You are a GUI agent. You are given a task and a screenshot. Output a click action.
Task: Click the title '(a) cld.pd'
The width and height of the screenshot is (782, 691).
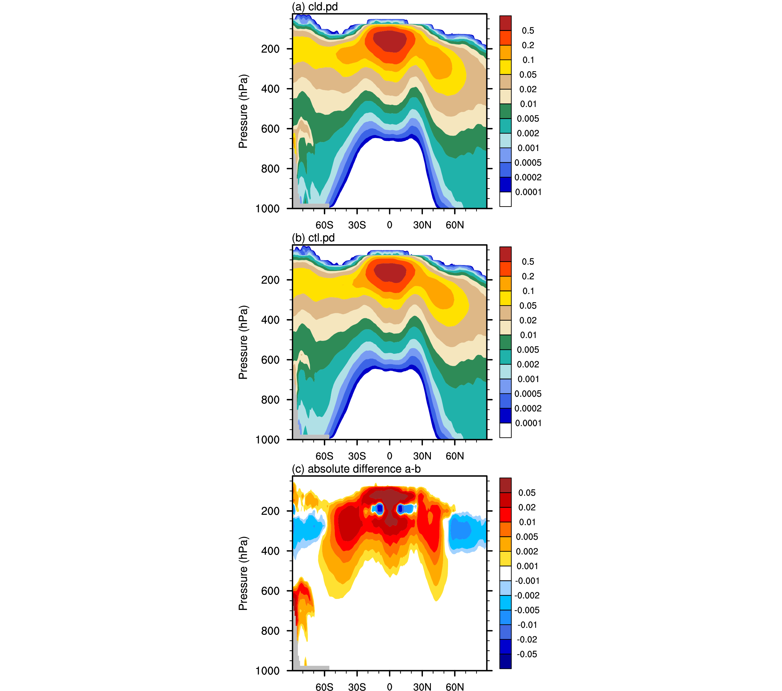[x=314, y=7]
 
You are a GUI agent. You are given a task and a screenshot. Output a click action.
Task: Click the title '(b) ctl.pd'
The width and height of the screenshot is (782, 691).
[x=313, y=238]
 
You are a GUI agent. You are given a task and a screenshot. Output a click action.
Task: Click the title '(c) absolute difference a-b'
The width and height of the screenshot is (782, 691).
[x=356, y=469]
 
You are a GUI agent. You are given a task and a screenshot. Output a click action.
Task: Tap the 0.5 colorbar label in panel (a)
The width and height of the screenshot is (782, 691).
[x=528, y=31]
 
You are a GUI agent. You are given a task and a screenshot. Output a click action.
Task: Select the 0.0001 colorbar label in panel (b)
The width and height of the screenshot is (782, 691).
[x=528, y=423]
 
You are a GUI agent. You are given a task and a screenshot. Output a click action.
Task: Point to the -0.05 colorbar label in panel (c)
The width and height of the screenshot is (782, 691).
[x=527, y=654]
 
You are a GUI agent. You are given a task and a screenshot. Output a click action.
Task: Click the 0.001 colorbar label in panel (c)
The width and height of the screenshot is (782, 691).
[x=527, y=566]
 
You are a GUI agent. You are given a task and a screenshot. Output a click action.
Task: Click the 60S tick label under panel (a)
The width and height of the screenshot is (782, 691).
[x=324, y=225]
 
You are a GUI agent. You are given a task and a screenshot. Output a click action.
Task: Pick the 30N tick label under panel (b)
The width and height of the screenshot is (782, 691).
[x=422, y=456]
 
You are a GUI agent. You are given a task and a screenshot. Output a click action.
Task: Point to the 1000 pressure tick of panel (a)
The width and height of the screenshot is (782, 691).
[x=267, y=209]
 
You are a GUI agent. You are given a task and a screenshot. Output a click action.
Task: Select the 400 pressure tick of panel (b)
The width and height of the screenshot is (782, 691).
[x=270, y=320]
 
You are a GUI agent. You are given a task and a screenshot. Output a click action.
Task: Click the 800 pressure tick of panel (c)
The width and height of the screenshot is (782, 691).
[x=270, y=631]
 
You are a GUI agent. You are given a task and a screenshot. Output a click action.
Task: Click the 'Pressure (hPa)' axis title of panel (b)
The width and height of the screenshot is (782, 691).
[x=243, y=342]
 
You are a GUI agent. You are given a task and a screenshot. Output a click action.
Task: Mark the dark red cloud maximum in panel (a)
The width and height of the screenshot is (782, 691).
[x=389, y=41]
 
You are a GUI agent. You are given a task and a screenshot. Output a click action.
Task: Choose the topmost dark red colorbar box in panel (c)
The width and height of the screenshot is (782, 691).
[x=505, y=485]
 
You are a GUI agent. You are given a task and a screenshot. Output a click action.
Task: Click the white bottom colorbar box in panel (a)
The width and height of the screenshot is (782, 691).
[x=505, y=199]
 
